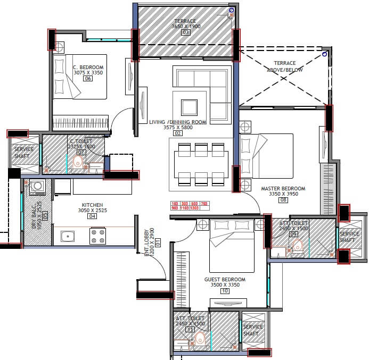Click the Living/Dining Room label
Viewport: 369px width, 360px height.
tap(177, 122)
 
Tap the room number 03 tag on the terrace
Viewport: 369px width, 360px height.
tap(186, 32)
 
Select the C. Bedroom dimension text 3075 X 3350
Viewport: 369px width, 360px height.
tap(88, 73)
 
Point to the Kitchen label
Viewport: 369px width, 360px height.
tap(92, 205)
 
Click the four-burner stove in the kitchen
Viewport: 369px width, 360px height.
tap(97, 236)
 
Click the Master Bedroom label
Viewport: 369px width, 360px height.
tap(283, 189)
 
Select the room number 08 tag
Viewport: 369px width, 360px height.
tap(283, 200)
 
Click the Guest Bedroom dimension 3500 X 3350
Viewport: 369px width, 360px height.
tap(225, 285)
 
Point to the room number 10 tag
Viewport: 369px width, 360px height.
tap(225, 291)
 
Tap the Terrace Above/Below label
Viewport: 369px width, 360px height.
tap(284, 66)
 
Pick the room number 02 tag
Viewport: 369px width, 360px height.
tap(178, 133)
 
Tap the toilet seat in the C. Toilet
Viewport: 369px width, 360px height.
tap(79, 162)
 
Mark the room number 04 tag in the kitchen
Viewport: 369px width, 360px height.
tap(92, 216)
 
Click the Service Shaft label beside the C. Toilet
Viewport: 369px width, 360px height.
tap(24, 153)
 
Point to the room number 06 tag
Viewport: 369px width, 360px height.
tap(88, 79)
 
